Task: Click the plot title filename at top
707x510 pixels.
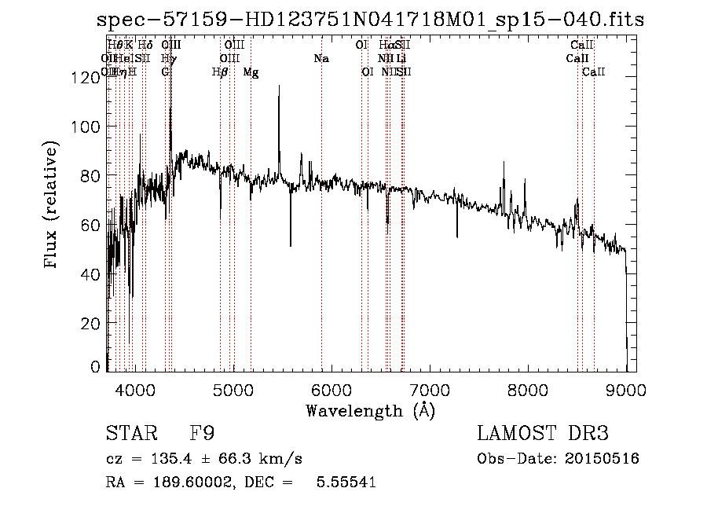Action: coord(369,19)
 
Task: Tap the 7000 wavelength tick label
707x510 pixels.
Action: coord(429,389)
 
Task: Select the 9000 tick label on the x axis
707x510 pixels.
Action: coord(625,389)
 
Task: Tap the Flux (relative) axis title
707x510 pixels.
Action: coord(52,206)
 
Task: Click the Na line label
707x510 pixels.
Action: coord(321,59)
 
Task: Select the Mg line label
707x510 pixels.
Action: coord(251,72)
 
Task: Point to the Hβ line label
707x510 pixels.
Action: coord(220,72)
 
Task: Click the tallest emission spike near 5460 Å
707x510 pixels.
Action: coord(279,88)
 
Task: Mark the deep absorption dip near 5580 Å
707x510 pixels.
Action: coord(291,244)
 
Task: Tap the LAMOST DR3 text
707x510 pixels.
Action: coord(543,433)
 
